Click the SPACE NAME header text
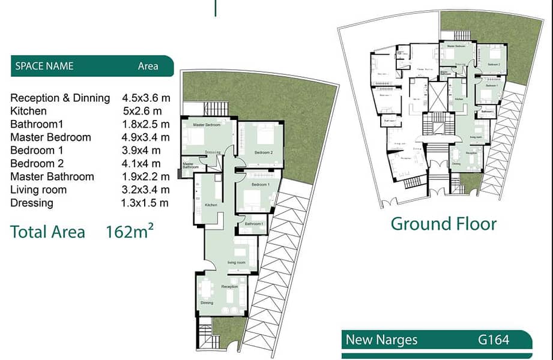point(44,66)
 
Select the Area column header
point(148,66)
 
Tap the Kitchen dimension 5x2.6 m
point(142,111)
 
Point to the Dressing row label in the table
point(32,203)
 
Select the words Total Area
point(48,232)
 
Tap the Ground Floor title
point(443,224)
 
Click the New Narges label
point(381,340)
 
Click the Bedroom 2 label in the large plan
point(264,153)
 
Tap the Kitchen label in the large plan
point(211,205)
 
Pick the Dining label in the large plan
point(207,303)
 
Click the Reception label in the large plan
point(230,287)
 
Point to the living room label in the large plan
point(236,263)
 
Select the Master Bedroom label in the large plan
point(207,125)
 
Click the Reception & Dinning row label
point(60,98)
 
